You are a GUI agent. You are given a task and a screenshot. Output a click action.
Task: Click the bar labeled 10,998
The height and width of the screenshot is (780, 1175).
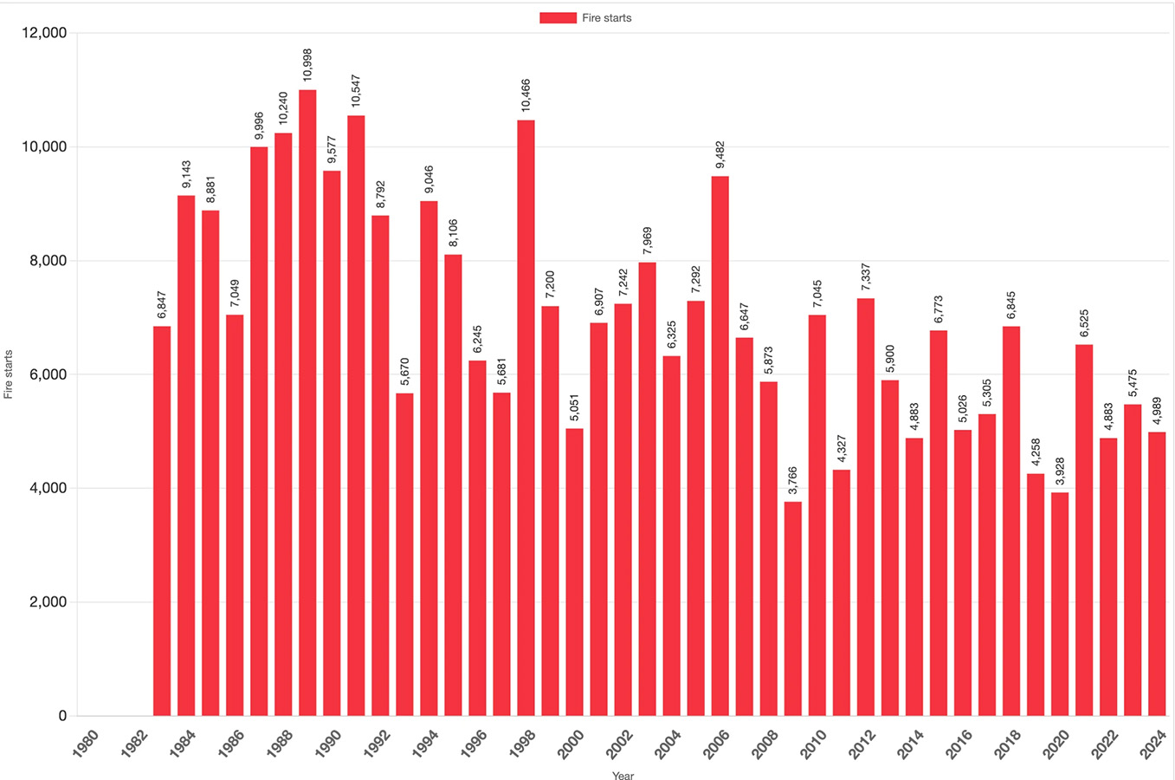307,403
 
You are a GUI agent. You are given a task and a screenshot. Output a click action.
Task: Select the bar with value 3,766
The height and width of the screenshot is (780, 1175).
793,608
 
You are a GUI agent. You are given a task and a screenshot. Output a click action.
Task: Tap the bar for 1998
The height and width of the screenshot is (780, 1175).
526,418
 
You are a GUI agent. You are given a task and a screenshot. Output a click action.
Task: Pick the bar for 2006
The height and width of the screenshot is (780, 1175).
720,445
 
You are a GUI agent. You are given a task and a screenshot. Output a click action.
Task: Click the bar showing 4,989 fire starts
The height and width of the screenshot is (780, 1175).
1157,574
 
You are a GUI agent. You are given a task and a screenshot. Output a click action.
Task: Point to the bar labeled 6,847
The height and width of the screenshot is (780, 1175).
162,521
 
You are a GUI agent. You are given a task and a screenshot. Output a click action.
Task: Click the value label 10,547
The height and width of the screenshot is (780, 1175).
356,90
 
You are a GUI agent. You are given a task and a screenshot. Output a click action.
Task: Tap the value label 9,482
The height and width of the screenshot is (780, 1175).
720,153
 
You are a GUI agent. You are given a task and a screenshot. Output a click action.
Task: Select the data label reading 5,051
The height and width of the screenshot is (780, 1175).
574,407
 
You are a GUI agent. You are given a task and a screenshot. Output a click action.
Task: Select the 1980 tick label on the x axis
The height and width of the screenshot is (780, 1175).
87,744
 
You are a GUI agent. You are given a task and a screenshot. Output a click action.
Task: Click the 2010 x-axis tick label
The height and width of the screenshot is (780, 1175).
814,744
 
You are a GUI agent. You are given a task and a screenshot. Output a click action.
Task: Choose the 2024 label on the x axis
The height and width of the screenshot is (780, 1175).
1154,744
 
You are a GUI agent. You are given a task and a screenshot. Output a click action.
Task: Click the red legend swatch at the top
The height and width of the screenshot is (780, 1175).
558,17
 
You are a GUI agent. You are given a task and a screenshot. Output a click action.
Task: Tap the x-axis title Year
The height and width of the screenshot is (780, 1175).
623,775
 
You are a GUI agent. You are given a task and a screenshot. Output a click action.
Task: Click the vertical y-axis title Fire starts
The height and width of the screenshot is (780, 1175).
9,374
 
